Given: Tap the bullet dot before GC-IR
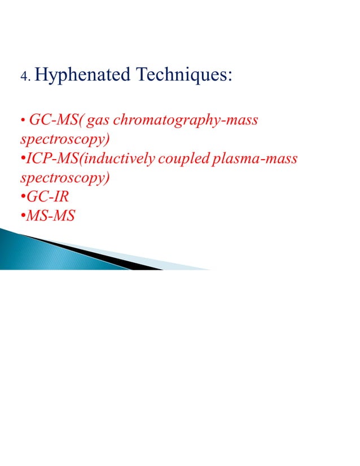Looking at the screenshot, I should tap(22, 198).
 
